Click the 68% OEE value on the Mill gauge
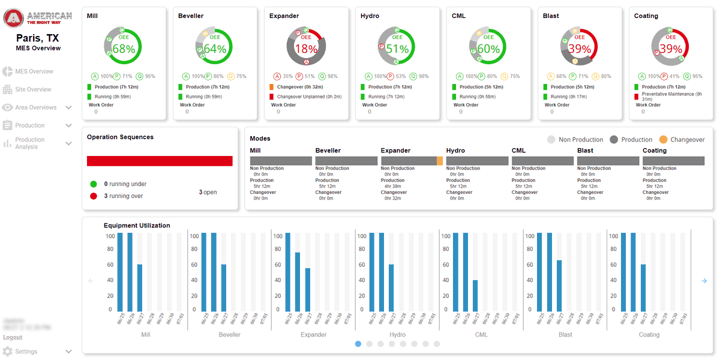(x=124, y=49)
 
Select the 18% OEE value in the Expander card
(x=306, y=49)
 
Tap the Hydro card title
(x=370, y=16)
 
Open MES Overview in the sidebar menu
(x=34, y=71)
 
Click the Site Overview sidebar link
(x=33, y=89)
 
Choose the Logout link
(x=13, y=337)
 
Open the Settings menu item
(x=26, y=352)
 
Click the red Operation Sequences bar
(x=160, y=161)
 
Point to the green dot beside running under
(x=94, y=184)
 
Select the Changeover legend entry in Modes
(x=682, y=140)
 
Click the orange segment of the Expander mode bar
(x=440, y=161)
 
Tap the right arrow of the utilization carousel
(x=704, y=281)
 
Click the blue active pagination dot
(x=358, y=344)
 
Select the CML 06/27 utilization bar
(x=475, y=295)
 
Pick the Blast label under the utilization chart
(x=565, y=335)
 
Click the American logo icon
(x=13, y=18)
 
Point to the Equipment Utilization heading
(x=137, y=226)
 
